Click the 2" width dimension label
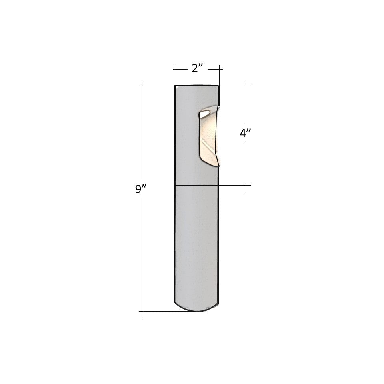(x=197, y=68)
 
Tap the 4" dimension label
(x=245, y=133)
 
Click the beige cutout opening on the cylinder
(x=209, y=136)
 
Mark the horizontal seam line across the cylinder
(x=196, y=185)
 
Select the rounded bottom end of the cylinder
(x=196, y=307)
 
